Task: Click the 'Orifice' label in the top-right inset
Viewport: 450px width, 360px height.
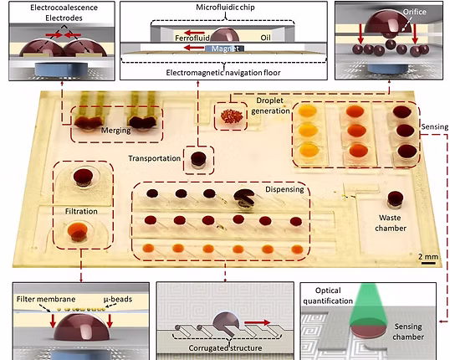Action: point(414,12)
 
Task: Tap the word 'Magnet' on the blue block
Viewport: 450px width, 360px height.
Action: point(225,49)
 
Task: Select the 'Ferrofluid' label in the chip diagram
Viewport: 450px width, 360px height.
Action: point(192,38)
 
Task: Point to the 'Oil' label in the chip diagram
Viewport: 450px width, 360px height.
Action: point(265,38)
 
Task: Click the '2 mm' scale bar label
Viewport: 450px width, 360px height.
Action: point(428,256)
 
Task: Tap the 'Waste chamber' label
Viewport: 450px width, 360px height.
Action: point(391,223)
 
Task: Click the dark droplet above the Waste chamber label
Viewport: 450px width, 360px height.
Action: point(396,198)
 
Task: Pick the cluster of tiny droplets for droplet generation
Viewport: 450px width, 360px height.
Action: point(232,116)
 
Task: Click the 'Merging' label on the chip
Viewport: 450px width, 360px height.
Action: point(115,131)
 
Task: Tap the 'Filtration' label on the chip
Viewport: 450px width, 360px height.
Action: point(81,212)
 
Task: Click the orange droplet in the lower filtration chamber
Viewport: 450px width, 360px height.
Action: point(78,231)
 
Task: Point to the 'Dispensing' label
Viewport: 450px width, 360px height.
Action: point(284,189)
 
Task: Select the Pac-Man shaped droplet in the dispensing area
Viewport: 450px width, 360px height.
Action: point(243,197)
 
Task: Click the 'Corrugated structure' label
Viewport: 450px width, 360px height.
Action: point(225,348)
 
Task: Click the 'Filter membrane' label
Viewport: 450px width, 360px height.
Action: point(46,300)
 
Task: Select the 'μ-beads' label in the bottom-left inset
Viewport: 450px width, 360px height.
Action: point(118,300)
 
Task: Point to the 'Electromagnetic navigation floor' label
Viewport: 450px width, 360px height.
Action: point(223,73)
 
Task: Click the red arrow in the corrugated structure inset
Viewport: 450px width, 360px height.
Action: point(257,322)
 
